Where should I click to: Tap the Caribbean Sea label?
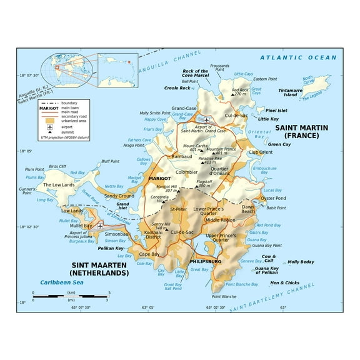pyautogui.click(x=62, y=282)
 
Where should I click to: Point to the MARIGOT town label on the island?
pyautogui.click(x=161, y=179)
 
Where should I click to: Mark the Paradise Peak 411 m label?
pyautogui.click(x=211, y=161)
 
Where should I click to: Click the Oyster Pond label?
pyautogui.click(x=272, y=198)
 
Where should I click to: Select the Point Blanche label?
pyautogui.click(x=224, y=296)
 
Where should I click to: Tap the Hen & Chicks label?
pyautogui.click(x=284, y=282)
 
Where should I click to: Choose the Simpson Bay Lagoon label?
pyautogui.click(x=117, y=216)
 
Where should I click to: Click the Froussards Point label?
pyautogui.click(x=219, y=68)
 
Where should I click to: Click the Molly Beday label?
pyautogui.click(x=301, y=262)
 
